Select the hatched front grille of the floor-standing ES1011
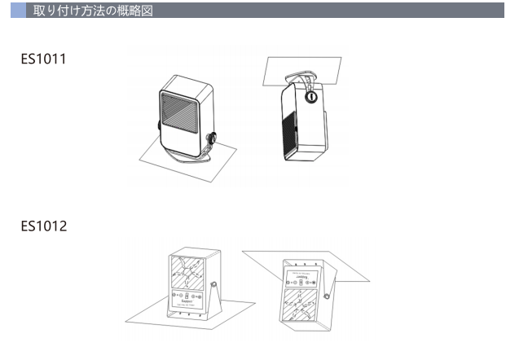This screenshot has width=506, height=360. pyautogui.click(x=182, y=112)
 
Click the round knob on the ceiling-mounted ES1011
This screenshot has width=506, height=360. pyautogui.click(x=310, y=97)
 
